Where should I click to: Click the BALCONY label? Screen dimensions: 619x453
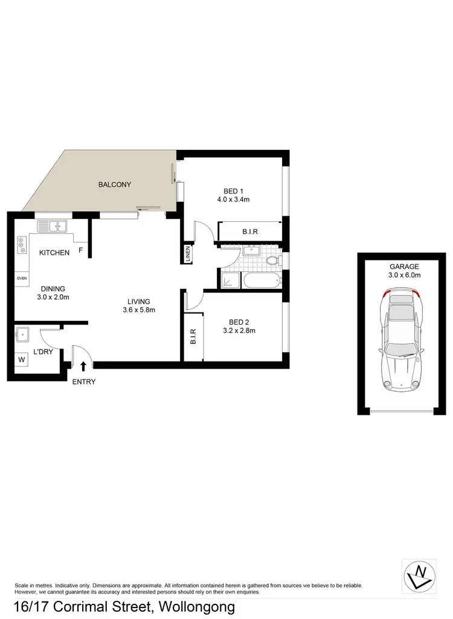115,184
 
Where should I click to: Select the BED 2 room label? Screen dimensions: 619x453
237,321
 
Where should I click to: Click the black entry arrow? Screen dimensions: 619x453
83,365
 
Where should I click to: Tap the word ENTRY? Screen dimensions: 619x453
83,381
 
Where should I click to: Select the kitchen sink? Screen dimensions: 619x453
54,227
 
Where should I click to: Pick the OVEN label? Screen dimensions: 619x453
22,279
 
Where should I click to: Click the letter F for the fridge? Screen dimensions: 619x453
81,249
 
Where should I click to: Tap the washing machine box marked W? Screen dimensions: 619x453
23,360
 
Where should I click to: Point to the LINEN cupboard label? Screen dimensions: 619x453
188,253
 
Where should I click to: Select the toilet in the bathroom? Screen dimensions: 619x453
274,261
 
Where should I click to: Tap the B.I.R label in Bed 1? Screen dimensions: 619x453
251,232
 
